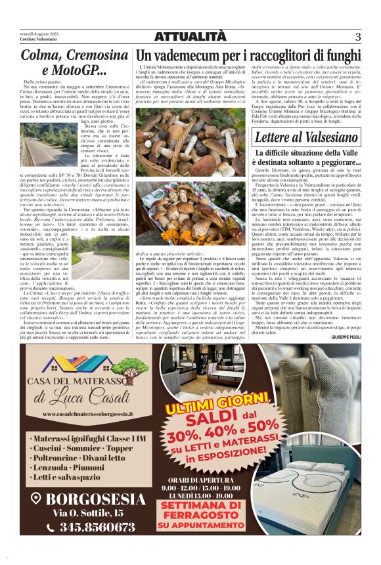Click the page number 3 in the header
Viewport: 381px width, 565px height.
[x=358, y=37]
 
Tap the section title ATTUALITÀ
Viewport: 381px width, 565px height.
[x=190, y=37]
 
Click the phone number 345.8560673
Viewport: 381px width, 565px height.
[x=97, y=527]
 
